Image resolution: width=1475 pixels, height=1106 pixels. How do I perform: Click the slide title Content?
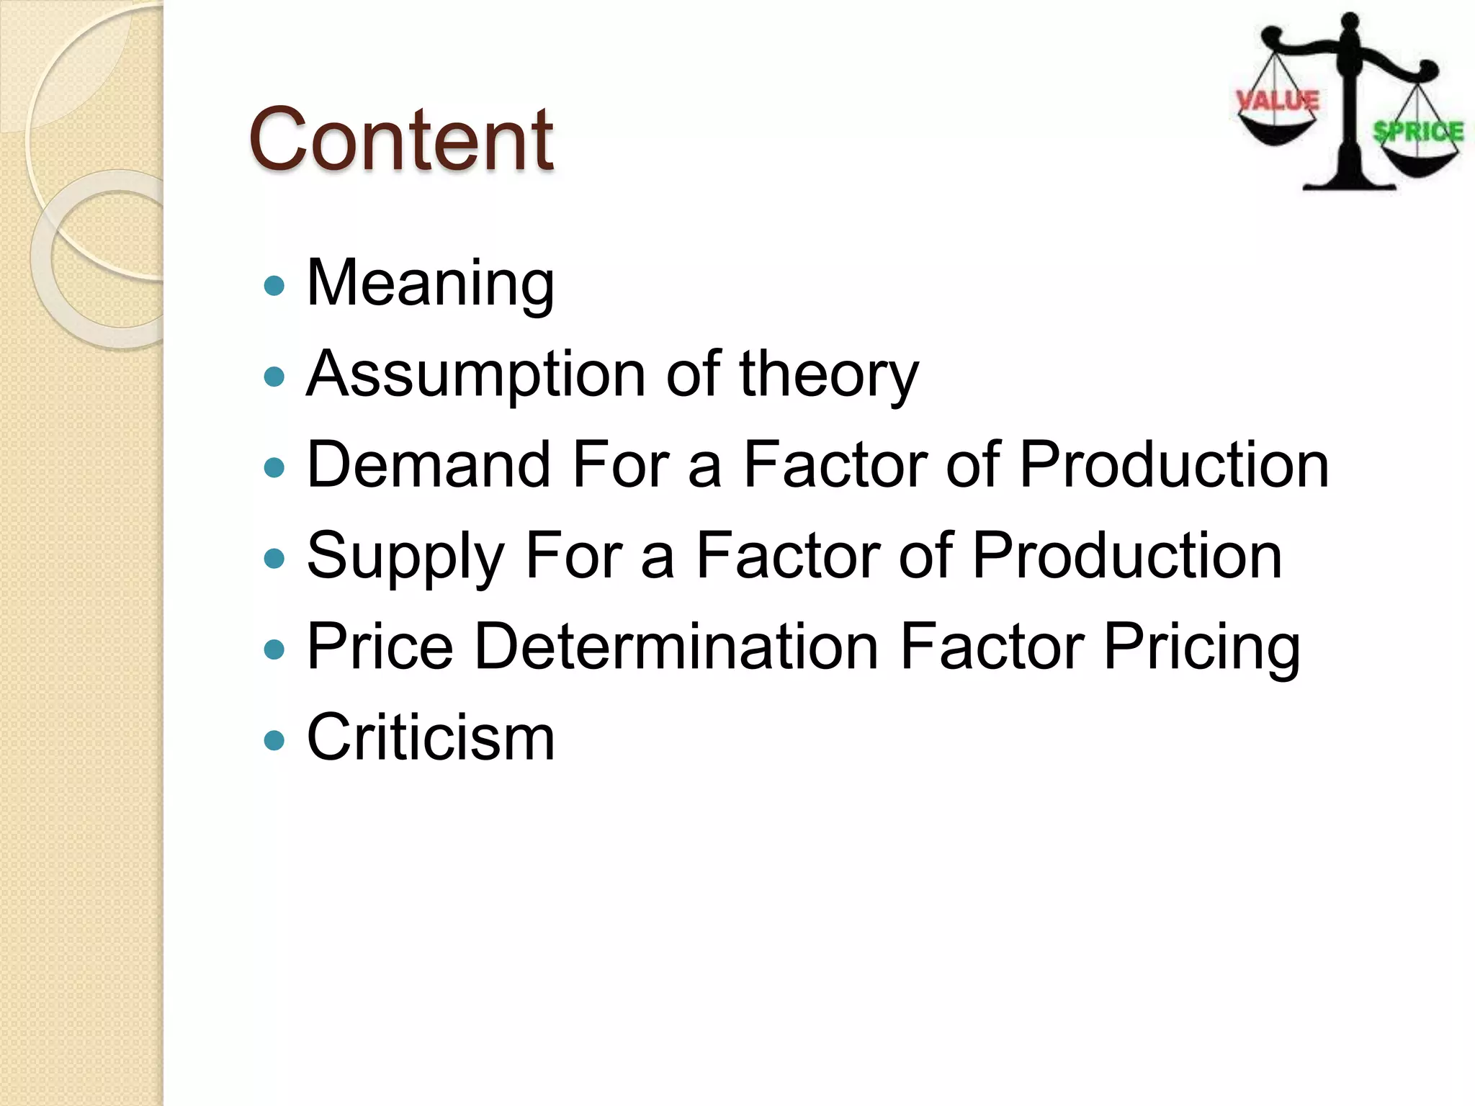point(400,139)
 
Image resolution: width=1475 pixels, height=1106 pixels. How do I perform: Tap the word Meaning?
point(431,283)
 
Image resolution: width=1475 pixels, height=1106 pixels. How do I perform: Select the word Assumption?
point(475,374)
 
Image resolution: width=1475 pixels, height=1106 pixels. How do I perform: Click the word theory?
point(829,374)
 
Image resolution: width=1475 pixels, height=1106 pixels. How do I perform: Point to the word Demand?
point(429,465)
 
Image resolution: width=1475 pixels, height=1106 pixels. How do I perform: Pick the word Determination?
point(676,647)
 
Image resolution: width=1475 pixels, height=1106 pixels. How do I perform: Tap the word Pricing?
point(1202,647)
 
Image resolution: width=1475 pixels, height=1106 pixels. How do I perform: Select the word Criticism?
point(431,737)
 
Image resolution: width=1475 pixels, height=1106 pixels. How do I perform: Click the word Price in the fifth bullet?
point(380,647)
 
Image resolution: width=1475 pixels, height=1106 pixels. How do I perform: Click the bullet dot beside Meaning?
point(274,286)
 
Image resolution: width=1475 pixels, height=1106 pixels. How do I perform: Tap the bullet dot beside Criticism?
point(274,740)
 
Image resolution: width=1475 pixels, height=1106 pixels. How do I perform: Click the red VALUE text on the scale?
point(1278,101)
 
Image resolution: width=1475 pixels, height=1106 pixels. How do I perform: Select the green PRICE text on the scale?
point(1418,132)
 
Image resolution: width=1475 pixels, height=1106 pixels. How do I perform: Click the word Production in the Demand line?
point(1174,465)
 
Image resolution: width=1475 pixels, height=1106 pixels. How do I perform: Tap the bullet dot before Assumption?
point(274,377)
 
